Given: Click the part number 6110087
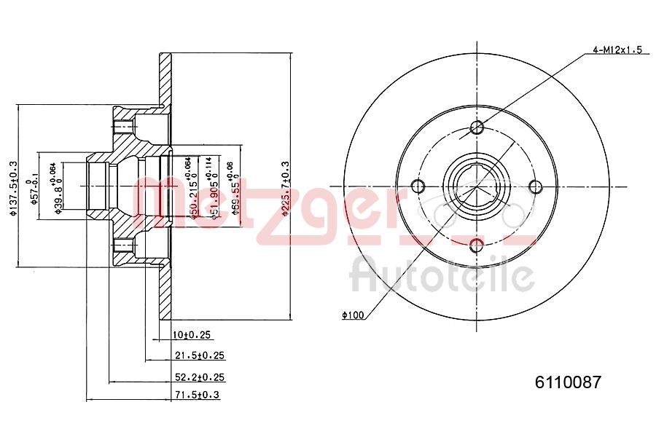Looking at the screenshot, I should [x=569, y=382].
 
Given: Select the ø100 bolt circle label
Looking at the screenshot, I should [x=352, y=315].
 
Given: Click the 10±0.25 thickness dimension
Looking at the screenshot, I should [x=191, y=335].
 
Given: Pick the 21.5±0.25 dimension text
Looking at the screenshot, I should [x=198, y=355].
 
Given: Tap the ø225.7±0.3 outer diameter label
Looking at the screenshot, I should [x=285, y=189].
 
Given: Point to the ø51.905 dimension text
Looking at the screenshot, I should [x=213, y=192].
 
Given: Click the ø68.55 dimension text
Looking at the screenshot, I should [x=234, y=192].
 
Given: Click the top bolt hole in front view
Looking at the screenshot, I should [x=477, y=129].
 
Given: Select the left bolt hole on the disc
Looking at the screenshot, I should [x=418, y=185].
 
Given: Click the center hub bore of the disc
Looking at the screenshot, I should [x=477, y=186].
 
